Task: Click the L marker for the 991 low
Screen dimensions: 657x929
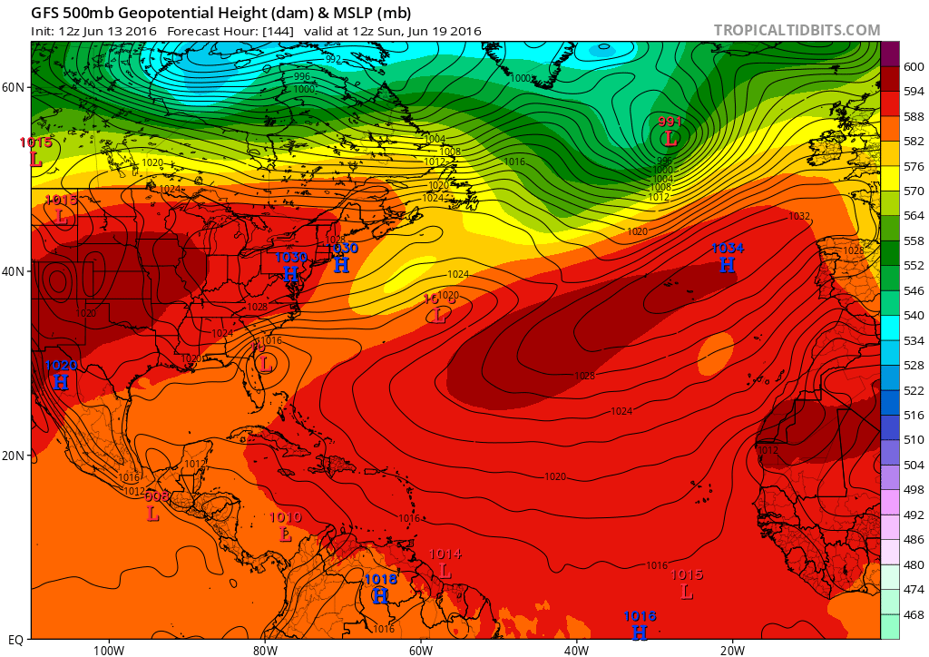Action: pos(670,139)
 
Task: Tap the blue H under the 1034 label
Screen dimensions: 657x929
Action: pos(727,265)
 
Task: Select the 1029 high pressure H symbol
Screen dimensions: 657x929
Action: pos(60,382)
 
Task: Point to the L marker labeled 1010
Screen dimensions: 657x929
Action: pos(286,534)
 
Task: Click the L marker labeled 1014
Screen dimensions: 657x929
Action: pos(445,571)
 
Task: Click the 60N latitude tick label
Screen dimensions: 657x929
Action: pos(14,87)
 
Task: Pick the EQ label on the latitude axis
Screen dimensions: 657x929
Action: pos(15,639)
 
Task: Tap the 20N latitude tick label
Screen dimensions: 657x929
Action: pos(14,456)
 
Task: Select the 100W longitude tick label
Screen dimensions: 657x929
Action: pos(108,650)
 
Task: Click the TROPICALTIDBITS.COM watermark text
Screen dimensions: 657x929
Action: pos(797,30)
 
